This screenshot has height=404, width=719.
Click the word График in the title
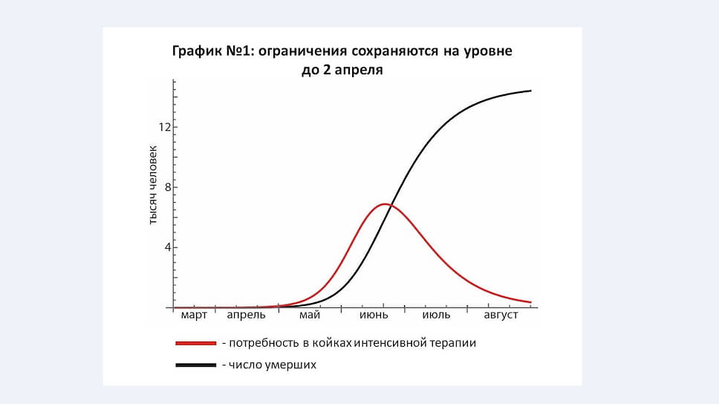point(197,51)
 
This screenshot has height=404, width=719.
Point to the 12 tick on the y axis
point(165,127)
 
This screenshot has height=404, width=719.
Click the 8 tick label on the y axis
point(168,187)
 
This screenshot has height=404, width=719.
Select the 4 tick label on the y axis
point(168,247)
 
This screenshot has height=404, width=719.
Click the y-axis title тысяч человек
point(153,185)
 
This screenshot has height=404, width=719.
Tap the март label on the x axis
point(194,316)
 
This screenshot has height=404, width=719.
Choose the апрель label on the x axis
point(247,316)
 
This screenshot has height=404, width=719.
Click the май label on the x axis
point(310,316)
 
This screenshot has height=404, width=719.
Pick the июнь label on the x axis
point(374,316)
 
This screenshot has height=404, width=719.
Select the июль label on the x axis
point(436,316)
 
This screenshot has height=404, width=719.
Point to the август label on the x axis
point(501,316)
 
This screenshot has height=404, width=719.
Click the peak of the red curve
point(384,204)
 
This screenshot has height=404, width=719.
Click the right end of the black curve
point(530,91)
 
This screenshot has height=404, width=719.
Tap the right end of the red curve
point(530,302)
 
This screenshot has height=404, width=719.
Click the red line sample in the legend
point(196,343)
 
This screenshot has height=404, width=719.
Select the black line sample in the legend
point(196,365)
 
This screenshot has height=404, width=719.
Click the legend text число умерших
point(273,365)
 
